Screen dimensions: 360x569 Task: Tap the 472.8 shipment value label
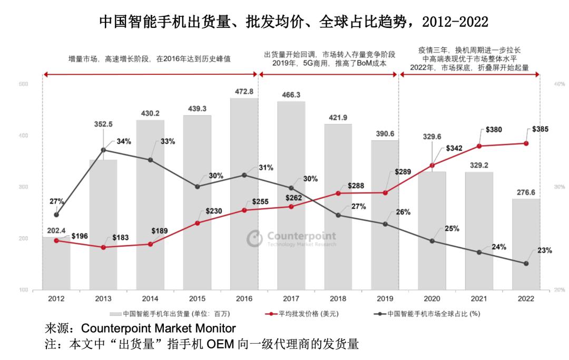[243, 91]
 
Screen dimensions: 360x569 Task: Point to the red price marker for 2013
[103, 247]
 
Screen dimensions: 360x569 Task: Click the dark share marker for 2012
[56, 215]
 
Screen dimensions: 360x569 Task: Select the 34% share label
[124, 141]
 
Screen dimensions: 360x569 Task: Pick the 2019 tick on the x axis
[385, 299]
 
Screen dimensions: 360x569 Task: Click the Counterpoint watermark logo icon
[254, 238]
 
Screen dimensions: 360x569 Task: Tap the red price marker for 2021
[479, 146]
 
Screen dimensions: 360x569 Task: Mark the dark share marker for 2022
[526, 264]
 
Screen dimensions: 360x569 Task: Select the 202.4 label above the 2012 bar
[56, 230]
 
